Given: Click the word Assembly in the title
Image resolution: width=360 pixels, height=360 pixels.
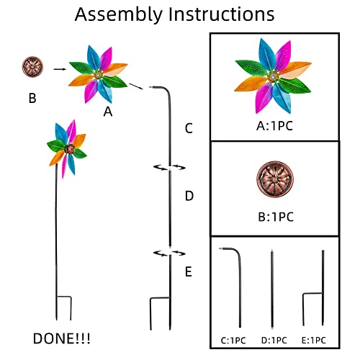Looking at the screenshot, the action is (x=119, y=15).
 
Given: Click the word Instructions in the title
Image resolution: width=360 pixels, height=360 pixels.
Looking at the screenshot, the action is (x=221, y=14).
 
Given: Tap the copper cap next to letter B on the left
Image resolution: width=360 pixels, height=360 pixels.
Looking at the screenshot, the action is (x=32, y=67).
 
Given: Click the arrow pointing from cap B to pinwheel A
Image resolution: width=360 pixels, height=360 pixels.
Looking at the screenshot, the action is (x=60, y=69).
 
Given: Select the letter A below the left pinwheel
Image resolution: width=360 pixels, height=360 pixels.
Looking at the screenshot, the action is (x=108, y=112).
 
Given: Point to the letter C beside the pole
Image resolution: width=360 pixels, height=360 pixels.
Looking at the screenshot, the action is (x=189, y=128).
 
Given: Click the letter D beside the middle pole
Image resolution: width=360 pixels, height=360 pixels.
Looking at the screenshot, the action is (x=189, y=196).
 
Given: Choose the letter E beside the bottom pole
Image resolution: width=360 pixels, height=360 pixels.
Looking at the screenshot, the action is (x=189, y=271).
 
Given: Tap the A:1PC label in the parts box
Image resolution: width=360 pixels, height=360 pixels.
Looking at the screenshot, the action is (x=274, y=126).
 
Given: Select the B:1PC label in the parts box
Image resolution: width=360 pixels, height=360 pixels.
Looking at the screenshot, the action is (x=276, y=217).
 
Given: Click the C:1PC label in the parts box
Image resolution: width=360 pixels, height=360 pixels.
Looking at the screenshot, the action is (x=233, y=341).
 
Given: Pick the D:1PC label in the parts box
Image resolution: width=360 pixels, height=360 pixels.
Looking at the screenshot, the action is (x=274, y=341).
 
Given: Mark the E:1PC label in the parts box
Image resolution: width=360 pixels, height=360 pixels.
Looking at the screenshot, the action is (x=314, y=341).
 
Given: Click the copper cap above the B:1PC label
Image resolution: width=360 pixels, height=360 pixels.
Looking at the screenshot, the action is (x=275, y=179).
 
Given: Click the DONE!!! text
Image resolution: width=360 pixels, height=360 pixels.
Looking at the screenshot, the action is (x=62, y=338).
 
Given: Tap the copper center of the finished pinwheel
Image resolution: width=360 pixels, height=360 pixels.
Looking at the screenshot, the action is (x=70, y=149).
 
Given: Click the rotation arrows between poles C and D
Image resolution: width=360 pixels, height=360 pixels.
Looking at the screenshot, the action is (x=169, y=167).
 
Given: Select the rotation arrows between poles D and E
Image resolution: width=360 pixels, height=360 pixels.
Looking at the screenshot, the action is (x=169, y=253).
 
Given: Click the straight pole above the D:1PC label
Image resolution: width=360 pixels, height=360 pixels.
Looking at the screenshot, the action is (x=272, y=289).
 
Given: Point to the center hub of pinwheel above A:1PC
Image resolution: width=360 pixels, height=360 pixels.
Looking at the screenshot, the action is (x=273, y=77).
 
